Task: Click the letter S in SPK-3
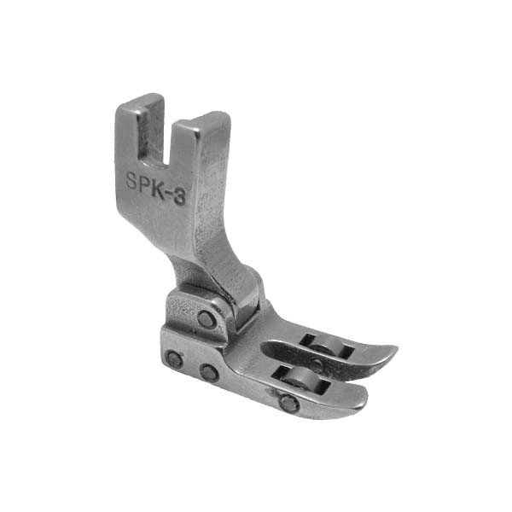click(132, 181)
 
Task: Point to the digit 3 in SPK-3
click(180, 197)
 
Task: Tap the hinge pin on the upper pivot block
click(206, 317)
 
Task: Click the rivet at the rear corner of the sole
click(174, 360)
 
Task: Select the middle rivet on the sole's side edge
click(209, 373)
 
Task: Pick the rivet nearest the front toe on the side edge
click(289, 404)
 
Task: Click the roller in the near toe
click(297, 380)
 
